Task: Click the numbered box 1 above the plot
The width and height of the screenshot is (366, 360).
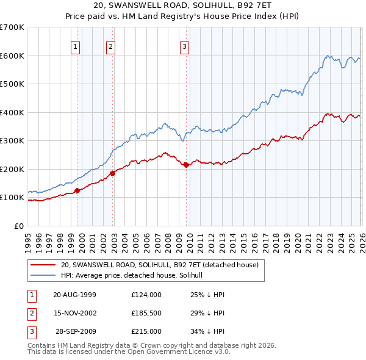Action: click(x=75, y=46)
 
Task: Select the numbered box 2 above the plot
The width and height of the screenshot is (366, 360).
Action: click(x=110, y=46)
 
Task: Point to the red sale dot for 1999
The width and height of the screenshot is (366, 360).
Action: click(x=77, y=190)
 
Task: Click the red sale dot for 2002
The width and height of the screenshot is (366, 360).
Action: click(x=113, y=173)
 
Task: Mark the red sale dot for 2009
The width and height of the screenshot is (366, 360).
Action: click(x=186, y=165)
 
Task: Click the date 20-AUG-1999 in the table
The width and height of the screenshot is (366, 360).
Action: click(x=74, y=295)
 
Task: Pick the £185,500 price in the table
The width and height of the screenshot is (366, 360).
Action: click(x=146, y=313)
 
